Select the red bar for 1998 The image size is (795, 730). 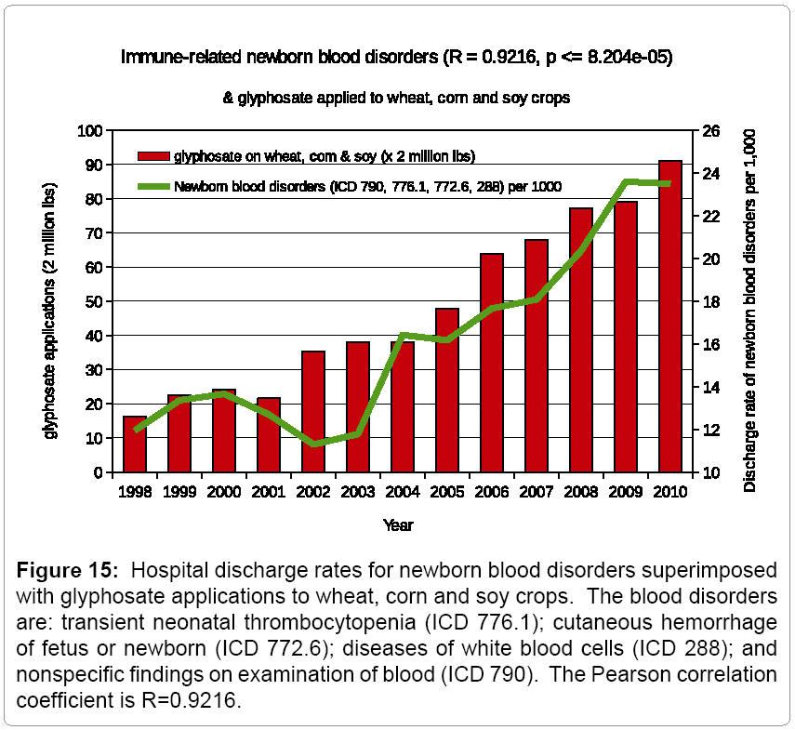tap(135, 445)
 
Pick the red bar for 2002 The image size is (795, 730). tap(313, 411)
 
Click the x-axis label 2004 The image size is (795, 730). tap(403, 492)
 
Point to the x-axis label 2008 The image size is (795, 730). tap(581, 492)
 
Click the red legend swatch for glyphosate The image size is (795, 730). tap(152, 155)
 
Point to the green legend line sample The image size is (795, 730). tap(152, 186)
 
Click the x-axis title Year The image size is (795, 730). tap(398, 525)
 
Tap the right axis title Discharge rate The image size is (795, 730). tap(750, 310)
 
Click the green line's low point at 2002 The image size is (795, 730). tap(313, 445)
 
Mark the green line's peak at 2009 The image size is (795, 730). tap(626, 181)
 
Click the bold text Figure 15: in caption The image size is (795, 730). tap(62, 570)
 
